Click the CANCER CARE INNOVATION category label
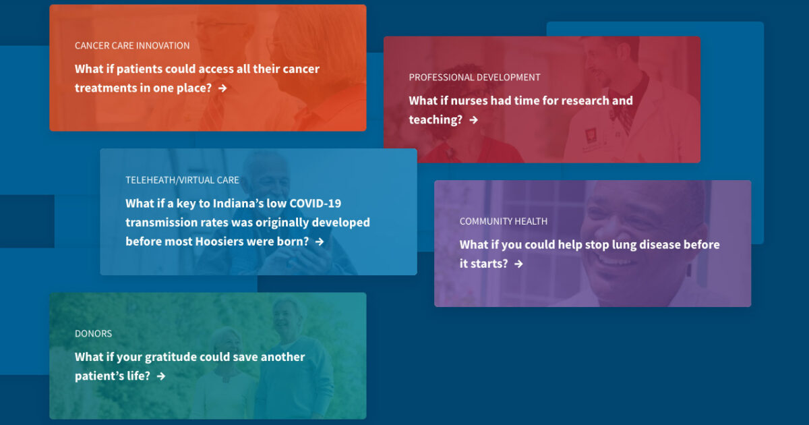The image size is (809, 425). (x=132, y=46)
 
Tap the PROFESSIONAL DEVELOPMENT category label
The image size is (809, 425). (x=475, y=78)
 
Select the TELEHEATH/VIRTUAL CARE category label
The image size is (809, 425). (x=183, y=180)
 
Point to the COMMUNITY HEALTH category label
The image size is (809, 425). (x=504, y=221)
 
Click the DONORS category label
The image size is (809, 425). (x=93, y=333)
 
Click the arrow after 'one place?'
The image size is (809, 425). (x=223, y=88)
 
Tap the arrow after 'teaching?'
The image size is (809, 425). (x=474, y=120)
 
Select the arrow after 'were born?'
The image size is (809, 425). (x=320, y=242)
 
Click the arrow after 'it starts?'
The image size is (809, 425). (x=519, y=264)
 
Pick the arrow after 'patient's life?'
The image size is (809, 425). (x=161, y=376)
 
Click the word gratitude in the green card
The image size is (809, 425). (x=171, y=358)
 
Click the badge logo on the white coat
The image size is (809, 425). (x=591, y=136)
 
